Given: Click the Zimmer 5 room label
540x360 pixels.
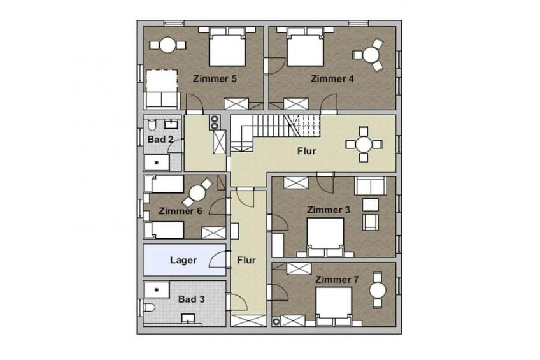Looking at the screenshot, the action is tap(215, 78).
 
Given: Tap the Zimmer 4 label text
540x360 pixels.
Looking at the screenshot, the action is tap(332, 78).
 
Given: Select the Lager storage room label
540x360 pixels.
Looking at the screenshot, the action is tap(183, 260).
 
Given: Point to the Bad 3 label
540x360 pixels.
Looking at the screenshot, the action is tap(192, 299).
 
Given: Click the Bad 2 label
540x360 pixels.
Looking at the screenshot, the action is tap(160, 140).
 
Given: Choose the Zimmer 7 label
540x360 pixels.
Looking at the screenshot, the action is tap(337, 279).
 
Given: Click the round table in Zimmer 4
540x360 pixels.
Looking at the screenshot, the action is tap(371, 55).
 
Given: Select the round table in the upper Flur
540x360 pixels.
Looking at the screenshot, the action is tap(364, 145).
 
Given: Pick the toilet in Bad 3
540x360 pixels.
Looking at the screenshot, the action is tap(150, 307).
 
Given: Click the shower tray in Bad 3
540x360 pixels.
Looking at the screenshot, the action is tap(157, 290).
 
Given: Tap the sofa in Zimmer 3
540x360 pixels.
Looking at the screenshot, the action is tap(371, 186).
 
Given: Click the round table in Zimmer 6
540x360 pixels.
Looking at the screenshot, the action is tap(197, 194).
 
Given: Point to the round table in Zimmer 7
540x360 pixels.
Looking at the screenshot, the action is tap(378, 290).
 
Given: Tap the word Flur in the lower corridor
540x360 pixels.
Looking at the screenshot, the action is tap(246, 260).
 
